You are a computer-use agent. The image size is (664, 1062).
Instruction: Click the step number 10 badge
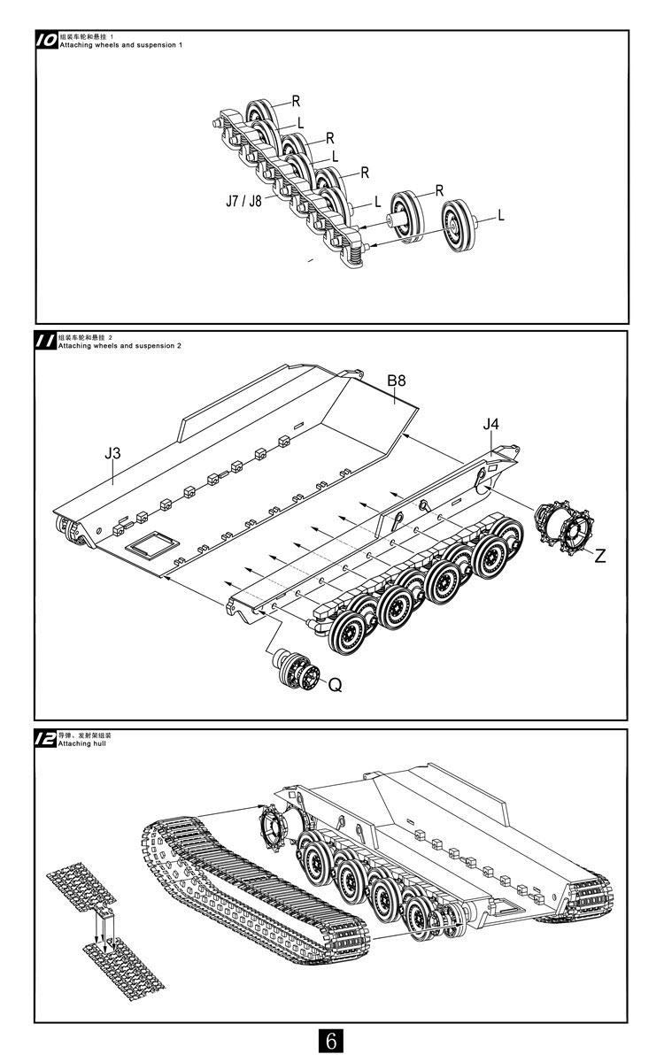click(47, 40)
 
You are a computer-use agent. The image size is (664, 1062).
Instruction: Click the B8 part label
click(397, 381)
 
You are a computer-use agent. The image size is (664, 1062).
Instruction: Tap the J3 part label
click(112, 453)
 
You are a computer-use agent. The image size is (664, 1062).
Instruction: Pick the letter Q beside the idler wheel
click(335, 684)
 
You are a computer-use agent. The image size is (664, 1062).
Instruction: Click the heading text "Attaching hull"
click(82, 745)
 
